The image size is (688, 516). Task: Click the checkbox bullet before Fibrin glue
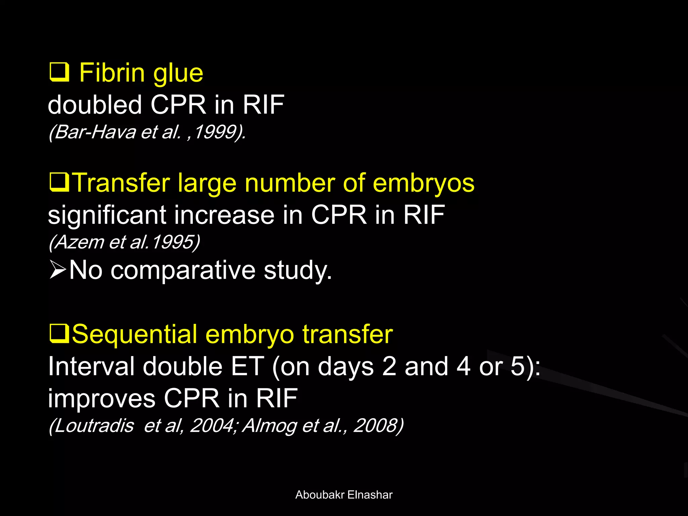pos(59,72)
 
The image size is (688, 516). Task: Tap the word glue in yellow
pos(178,74)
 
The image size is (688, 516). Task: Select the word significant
pos(107,215)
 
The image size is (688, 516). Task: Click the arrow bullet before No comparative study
pos(57,270)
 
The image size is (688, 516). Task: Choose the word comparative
pos(183,270)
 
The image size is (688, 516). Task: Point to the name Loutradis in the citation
pos(94,426)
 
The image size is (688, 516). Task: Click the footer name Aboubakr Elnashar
pos(344,495)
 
